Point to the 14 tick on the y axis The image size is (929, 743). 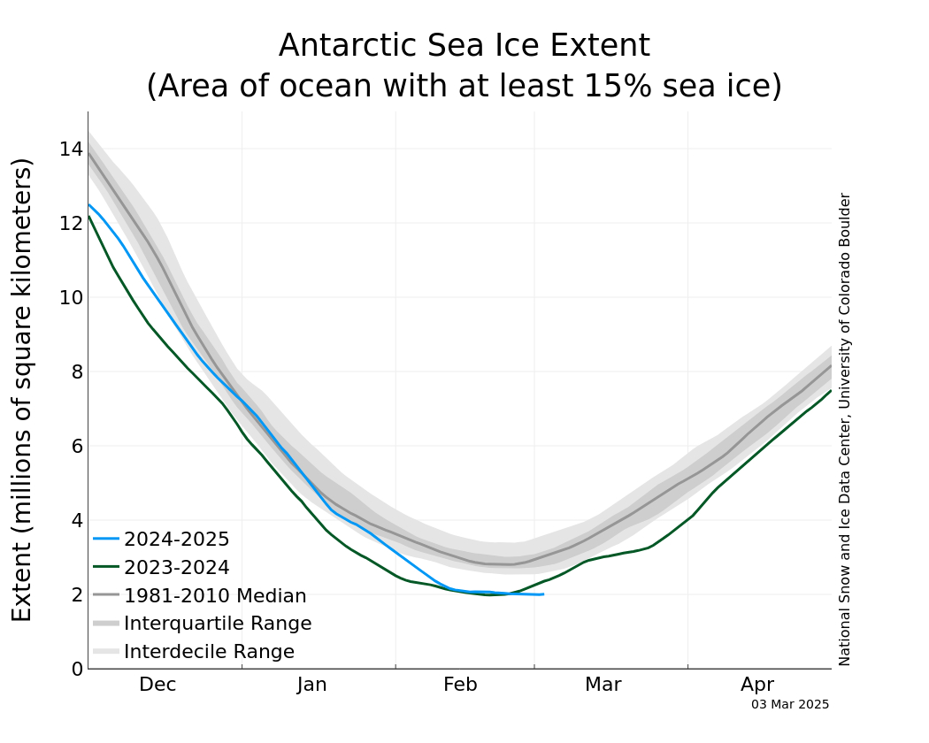[x=72, y=149]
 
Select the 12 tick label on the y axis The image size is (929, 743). [x=72, y=223]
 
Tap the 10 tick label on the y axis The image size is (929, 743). [x=72, y=297]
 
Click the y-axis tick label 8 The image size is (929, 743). [x=77, y=371]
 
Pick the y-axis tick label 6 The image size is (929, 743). [x=77, y=446]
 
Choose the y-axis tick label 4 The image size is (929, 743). [x=77, y=520]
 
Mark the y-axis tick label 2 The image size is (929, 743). [x=77, y=594]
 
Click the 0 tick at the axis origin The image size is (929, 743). [x=77, y=669]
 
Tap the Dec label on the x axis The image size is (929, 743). [x=157, y=685]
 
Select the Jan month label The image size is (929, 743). [x=312, y=685]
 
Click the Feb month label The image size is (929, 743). [x=460, y=685]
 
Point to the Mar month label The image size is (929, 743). [x=603, y=685]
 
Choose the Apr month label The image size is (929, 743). [x=757, y=685]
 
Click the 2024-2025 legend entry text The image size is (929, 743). [x=177, y=540]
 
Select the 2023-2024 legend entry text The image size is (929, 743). [x=177, y=568]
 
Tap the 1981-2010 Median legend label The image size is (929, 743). [x=215, y=596]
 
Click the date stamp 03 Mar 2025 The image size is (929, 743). [x=790, y=705]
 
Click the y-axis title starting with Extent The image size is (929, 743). [x=22, y=389]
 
